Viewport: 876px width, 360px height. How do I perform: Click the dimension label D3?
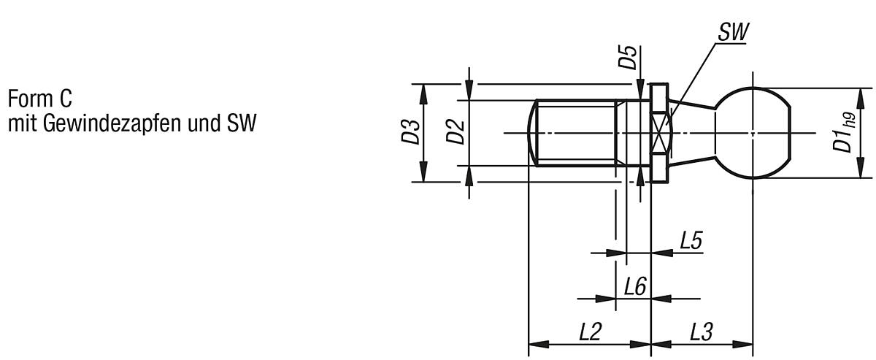(x=412, y=132)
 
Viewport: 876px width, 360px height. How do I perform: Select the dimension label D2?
(x=456, y=132)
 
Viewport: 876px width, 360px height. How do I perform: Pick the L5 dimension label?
(x=691, y=241)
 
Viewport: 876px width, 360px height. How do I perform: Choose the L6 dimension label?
(x=635, y=286)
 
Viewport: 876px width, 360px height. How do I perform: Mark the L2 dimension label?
(x=589, y=332)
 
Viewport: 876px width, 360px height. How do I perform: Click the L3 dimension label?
(x=700, y=332)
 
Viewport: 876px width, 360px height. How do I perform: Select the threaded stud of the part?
(x=577, y=133)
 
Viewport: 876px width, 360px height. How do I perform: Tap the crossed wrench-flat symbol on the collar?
(x=659, y=133)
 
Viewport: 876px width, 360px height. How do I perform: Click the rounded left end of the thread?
(x=531, y=133)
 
